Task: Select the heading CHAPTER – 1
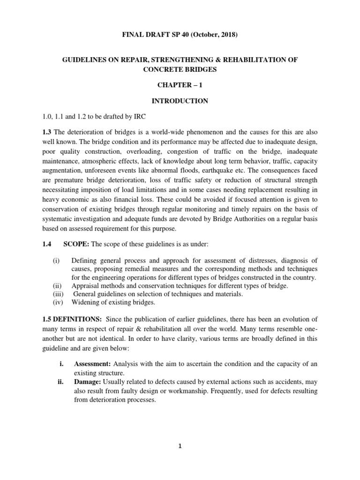click(x=180, y=85)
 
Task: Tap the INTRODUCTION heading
click(x=180, y=101)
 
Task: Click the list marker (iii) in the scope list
click(x=58, y=294)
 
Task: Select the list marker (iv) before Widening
click(x=58, y=302)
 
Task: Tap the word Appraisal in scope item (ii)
click(x=85, y=286)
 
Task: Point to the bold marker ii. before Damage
click(x=60, y=381)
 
